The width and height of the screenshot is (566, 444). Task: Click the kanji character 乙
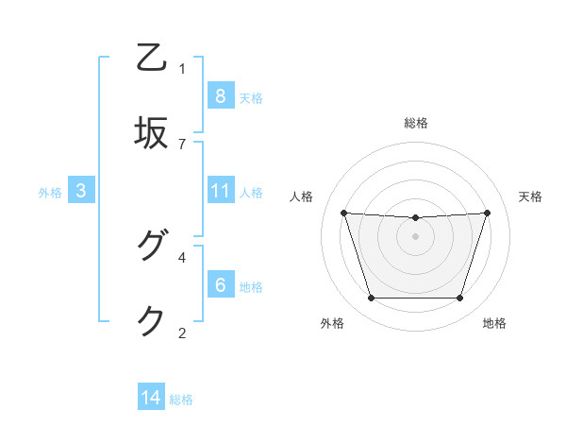pos(152,59)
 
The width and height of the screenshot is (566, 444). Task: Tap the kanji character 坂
pos(152,133)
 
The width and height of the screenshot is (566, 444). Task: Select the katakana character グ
pos(152,247)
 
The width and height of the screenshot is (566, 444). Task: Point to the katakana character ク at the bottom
pos(152,321)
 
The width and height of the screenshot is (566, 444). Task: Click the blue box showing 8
pos(220,96)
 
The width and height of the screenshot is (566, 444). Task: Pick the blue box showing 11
pos(220,191)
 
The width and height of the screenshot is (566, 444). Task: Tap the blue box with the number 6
pos(220,285)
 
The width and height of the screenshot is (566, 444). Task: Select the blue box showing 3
pos(81,191)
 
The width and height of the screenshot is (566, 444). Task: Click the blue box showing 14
pos(151,398)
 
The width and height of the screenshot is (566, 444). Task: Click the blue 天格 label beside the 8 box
pos(251,97)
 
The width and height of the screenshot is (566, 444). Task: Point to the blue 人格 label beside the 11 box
pos(251,192)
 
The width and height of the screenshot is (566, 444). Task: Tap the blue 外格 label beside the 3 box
pos(50,192)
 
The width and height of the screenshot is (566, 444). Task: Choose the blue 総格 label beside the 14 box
pos(181,399)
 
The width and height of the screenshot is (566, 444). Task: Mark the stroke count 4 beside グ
pos(182,256)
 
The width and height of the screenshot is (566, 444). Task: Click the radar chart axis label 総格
pos(415,123)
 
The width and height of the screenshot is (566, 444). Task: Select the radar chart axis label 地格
pos(494,323)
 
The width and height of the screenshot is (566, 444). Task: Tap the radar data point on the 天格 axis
pos(488,213)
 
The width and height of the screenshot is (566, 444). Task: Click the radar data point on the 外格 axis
pos(371,299)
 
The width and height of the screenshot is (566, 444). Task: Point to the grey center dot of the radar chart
pos(415,236)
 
